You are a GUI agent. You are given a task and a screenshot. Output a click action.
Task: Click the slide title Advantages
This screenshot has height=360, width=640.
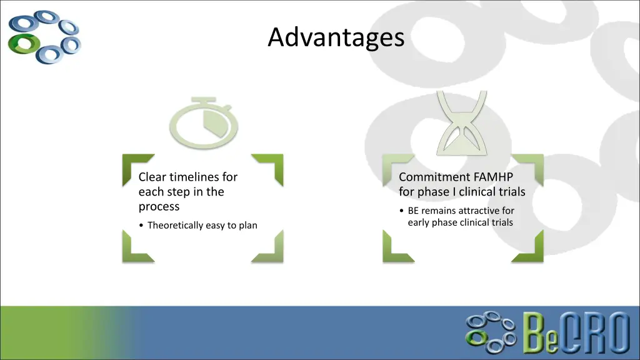[x=336, y=38]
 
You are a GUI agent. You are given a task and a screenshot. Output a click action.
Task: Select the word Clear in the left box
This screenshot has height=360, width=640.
[x=152, y=177]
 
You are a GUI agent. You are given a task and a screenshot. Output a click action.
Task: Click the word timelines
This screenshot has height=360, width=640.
[x=204, y=177]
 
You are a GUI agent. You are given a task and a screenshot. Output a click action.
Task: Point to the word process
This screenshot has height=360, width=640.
[x=159, y=206]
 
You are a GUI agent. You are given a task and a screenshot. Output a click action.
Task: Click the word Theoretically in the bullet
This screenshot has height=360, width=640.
[x=175, y=225]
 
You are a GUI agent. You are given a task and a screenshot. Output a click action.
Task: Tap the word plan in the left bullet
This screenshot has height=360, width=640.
[x=247, y=225]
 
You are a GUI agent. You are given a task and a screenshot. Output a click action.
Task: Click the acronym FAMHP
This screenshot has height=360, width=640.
[x=494, y=177]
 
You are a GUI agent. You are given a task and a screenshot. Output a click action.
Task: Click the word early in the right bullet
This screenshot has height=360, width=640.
[x=419, y=222]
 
